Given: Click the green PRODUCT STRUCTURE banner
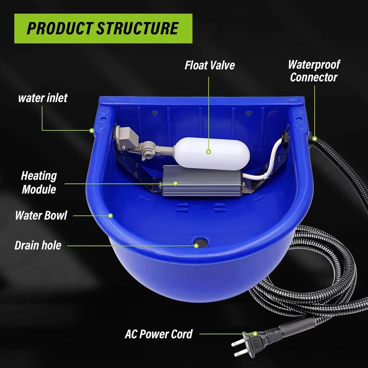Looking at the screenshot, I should click(x=103, y=28).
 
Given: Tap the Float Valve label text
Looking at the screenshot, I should click(x=209, y=65).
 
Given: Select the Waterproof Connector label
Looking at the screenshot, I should click(x=314, y=71).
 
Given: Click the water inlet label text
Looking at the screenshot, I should click(x=43, y=98).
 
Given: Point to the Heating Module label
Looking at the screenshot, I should click(x=39, y=182).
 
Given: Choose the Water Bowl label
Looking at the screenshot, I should click(x=41, y=215).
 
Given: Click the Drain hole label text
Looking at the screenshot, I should click(x=38, y=245).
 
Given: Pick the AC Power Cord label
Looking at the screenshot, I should click(x=159, y=333).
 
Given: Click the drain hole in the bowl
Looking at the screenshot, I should click(x=200, y=243).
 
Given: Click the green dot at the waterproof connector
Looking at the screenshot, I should click(x=315, y=138).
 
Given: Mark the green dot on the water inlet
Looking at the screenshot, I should click(x=92, y=131).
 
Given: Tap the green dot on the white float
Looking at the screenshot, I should click(x=209, y=152).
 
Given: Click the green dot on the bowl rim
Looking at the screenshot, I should click(x=111, y=215).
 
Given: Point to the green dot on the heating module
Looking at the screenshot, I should click(x=175, y=183).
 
